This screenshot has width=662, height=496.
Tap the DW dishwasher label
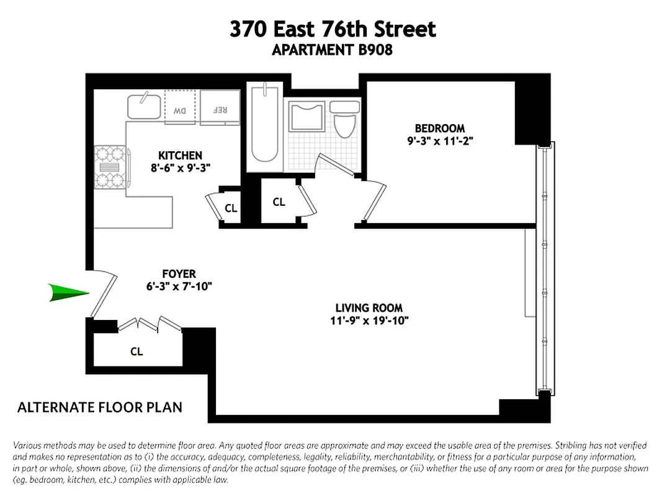pyautogui.click(x=180, y=111)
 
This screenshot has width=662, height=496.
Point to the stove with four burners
pyautogui.click(x=109, y=167)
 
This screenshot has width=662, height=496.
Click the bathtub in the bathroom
pyautogui.click(x=265, y=128)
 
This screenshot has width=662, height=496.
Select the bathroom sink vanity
pyautogui.click(x=307, y=116)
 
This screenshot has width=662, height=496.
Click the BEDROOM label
pyautogui.click(x=440, y=128)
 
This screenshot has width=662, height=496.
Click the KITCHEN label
pyautogui.click(x=180, y=155)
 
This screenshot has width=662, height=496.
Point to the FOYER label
pyautogui.click(x=179, y=273)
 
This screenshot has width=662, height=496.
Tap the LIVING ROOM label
pyautogui.click(x=369, y=308)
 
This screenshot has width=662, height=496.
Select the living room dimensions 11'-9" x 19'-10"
pyautogui.click(x=369, y=321)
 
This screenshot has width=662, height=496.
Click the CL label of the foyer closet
pyautogui.click(x=136, y=352)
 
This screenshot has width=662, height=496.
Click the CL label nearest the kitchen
pyautogui.click(x=231, y=208)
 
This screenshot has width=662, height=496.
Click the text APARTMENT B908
pyautogui.click(x=332, y=50)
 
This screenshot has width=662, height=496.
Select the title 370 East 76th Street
pyautogui.click(x=333, y=29)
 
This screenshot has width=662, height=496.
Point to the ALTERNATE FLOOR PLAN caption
pyautogui.click(x=100, y=407)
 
